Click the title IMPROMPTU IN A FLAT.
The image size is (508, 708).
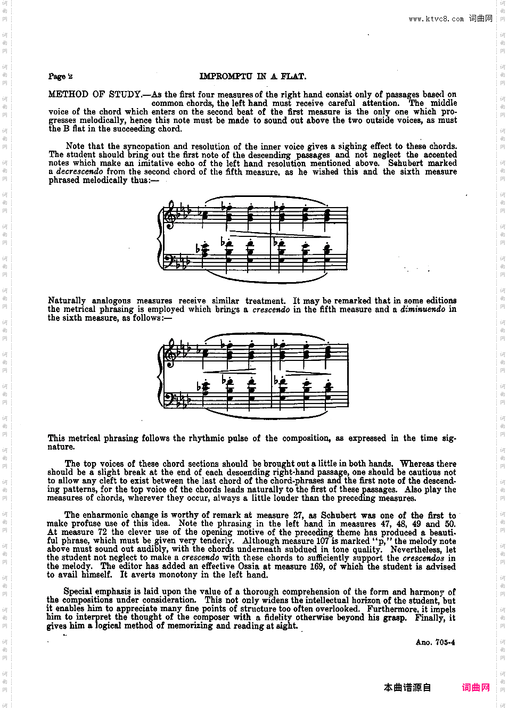252,77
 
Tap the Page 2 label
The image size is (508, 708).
60,77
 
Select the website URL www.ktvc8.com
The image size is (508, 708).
436,19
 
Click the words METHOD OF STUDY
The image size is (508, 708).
95,95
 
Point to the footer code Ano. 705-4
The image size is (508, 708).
435,643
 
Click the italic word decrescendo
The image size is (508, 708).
79,172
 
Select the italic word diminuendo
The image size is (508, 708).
423,309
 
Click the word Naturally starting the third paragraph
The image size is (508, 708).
67,301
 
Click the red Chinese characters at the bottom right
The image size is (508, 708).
476,688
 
